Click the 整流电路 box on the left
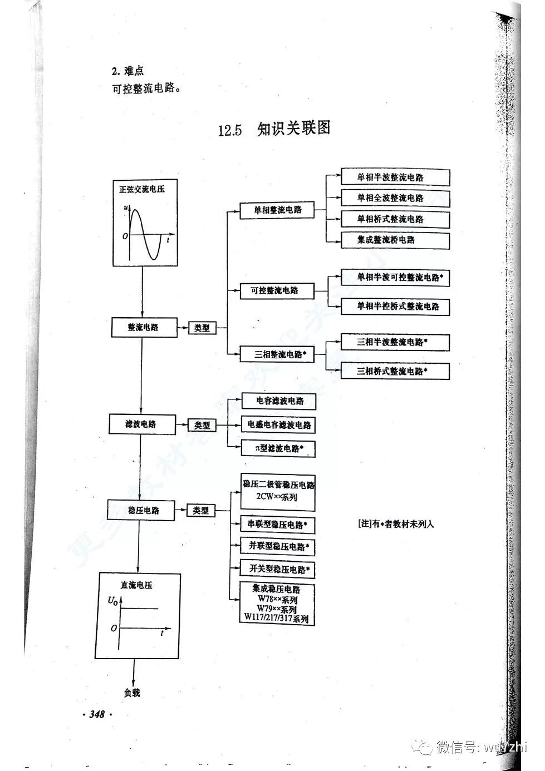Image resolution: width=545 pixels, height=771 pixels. pos(144,327)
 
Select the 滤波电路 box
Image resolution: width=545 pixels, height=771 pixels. pos(141,424)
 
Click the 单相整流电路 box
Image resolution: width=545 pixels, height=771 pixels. pos(277,210)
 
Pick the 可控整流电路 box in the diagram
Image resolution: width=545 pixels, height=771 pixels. pos(277,290)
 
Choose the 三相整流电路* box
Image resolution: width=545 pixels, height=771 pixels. pos(277,354)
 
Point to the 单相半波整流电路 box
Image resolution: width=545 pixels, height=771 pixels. pos(395,177)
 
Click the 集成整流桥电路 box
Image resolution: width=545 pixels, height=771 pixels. pos(395,240)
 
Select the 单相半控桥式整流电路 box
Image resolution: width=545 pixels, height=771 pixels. pos(395,307)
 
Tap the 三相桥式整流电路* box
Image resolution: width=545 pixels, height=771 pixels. pos(395,370)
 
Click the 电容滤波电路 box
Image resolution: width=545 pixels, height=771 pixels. pos(279,401)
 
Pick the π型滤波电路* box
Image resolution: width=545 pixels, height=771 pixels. pos(279,448)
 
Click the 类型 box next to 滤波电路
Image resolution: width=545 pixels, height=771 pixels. pos(202,425)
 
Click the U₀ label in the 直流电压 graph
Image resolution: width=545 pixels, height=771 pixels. pos(113,601)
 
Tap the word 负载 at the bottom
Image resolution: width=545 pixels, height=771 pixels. pos(132,693)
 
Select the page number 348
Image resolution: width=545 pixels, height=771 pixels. pos(97,714)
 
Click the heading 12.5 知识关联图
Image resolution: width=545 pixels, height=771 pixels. pos(274,129)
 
